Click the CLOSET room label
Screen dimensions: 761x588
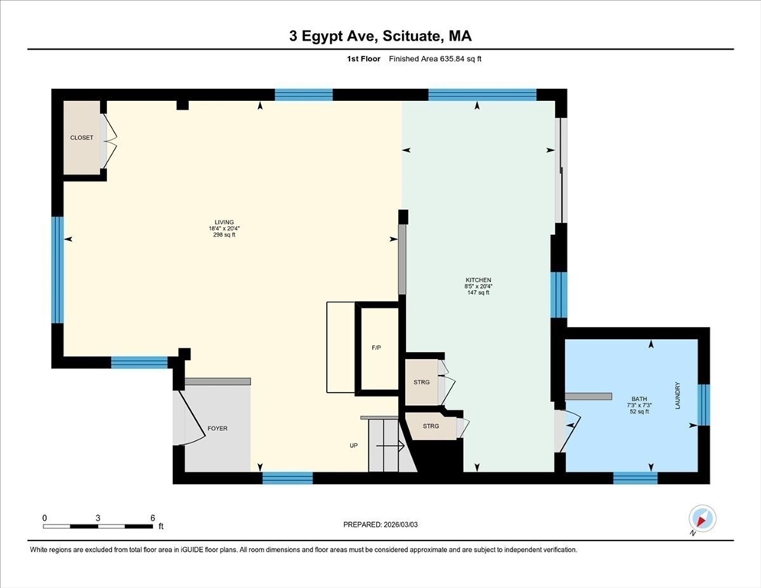click(81, 138)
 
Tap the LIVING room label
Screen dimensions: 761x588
click(224, 222)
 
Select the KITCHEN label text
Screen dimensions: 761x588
click(478, 280)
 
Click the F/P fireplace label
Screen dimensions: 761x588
click(376, 348)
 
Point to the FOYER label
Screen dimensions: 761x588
click(217, 428)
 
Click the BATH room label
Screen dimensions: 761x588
click(639, 399)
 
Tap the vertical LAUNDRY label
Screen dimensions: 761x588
click(678, 395)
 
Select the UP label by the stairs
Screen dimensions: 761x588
click(354, 446)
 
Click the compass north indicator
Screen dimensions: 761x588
click(702, 518)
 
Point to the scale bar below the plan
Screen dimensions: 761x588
click(98, 526)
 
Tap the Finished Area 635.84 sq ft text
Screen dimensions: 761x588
click(435, 59)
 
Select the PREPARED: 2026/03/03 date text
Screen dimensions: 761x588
click(380, 524)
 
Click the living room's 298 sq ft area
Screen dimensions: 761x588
click(224, 235)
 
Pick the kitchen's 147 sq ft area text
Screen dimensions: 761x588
click(478, 292)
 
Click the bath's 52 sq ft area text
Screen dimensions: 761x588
click(639, 412)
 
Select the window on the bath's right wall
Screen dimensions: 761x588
click(704, 405)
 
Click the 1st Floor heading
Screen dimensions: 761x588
click(364, 59)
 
